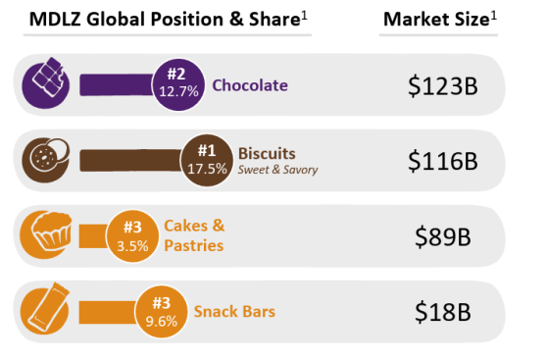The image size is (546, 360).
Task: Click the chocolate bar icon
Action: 46,83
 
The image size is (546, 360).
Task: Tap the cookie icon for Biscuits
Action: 46,160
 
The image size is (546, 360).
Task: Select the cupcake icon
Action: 46,234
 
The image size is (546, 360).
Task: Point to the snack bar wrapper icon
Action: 45,309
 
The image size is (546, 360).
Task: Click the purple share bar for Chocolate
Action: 117,84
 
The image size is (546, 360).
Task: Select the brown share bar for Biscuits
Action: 131,160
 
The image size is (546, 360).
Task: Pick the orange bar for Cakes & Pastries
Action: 93,236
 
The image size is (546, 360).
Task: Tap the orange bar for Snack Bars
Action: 107,312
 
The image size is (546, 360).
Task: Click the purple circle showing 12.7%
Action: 178,84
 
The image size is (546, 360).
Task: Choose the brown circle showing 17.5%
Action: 207,160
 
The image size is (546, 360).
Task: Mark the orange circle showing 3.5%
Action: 132,236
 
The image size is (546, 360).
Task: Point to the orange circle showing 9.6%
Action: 161,312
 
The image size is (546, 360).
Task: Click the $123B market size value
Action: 442,86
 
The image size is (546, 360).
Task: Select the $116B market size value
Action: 442,161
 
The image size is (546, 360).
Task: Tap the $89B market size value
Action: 442,236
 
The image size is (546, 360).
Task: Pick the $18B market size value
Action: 442,312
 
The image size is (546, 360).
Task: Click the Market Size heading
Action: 439,19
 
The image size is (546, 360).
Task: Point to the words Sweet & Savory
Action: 277,170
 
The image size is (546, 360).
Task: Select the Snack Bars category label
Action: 234,312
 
